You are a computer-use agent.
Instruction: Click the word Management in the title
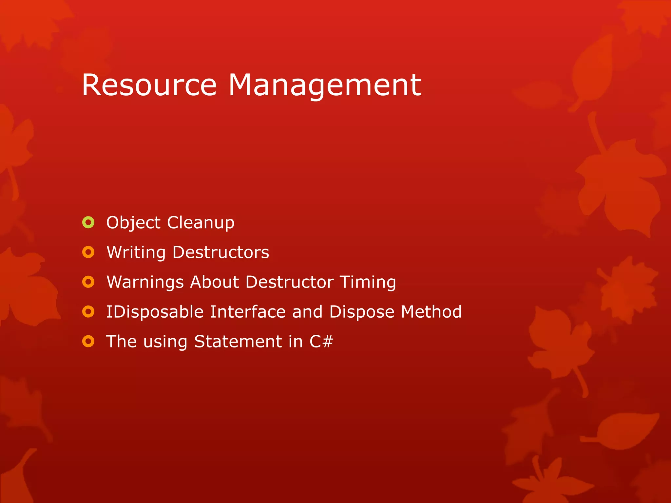point(324,86)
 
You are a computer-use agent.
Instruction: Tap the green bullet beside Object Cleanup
point(88,223)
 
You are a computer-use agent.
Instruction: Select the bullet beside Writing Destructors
point(88,252)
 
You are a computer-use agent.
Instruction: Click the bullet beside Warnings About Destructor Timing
point(88,282)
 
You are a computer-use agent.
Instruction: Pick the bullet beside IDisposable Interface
point(88,312)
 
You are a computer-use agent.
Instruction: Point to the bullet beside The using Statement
point(88,342)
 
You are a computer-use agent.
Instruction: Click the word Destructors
point(220,252)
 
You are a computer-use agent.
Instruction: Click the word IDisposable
point(155,312)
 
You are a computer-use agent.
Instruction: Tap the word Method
point(431,312)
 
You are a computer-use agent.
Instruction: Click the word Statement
point(238,342)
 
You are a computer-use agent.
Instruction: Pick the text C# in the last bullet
point(321,342)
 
